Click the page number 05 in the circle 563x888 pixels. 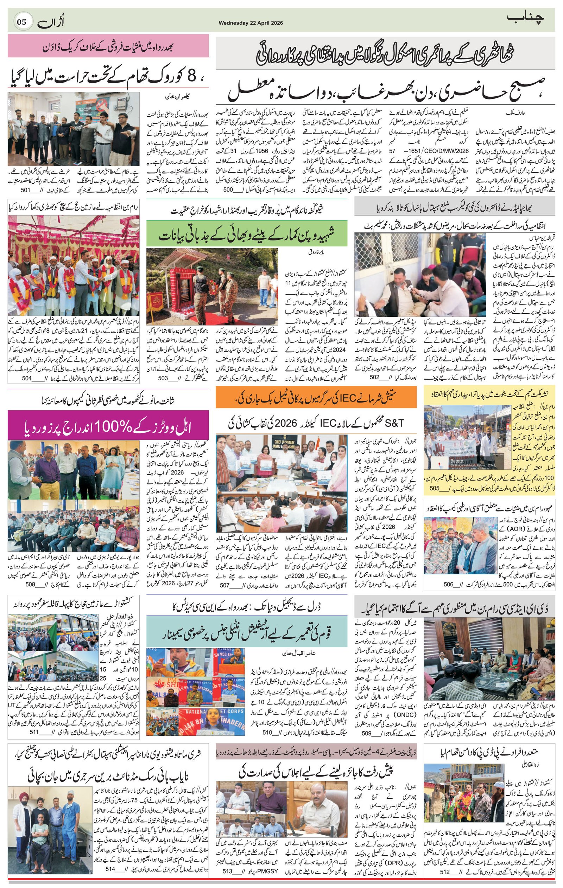pos(22,22)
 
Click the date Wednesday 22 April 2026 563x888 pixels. pos(251,23)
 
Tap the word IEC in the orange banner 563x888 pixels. pos(351,398)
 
